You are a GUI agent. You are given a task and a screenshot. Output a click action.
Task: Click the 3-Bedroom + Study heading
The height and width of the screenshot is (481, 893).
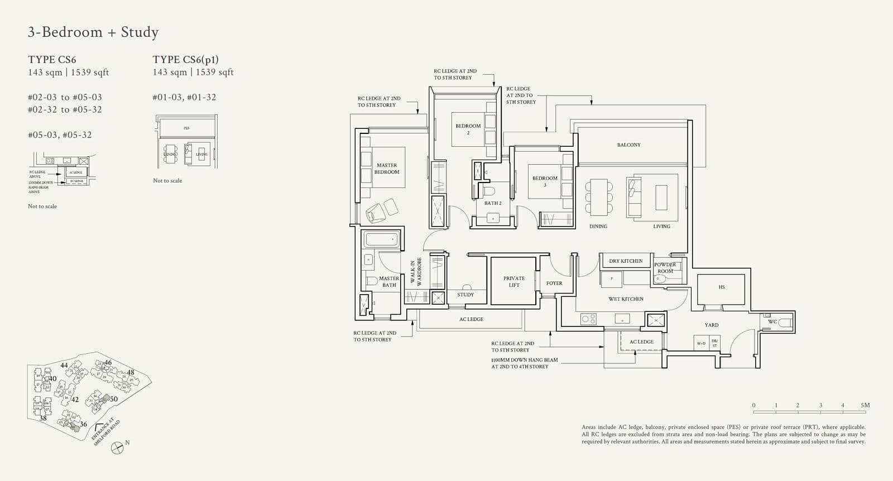(93, 32)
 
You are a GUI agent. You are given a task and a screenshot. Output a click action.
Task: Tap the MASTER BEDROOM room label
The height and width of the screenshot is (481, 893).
(387, 169)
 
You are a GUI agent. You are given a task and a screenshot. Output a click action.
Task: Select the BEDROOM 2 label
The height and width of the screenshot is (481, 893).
(468, 129)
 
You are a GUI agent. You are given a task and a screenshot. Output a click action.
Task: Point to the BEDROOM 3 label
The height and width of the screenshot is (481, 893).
(545, 181)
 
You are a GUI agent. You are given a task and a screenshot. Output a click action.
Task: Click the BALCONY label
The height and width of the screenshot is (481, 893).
(628, 145)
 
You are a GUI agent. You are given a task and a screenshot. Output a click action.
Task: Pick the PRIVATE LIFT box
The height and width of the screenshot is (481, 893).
(513, 281)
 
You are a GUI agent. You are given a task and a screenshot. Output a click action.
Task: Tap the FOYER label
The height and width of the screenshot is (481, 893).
(554, 283)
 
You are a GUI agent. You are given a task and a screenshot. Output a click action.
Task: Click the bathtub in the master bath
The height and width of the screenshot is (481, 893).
(381, 240)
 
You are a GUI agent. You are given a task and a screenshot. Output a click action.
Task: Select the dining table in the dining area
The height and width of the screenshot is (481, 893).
(598, 196)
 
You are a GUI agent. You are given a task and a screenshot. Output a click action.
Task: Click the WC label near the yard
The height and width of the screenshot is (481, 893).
(772, 322)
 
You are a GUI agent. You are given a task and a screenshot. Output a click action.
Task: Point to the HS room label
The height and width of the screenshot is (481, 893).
(722, 287)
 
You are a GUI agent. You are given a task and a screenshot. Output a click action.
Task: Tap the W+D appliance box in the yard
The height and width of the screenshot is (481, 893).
(701, 343)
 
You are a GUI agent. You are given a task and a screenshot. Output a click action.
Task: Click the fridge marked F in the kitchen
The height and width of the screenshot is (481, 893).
(612, 278)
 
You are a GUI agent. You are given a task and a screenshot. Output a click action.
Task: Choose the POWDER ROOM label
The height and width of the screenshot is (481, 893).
(665, 268)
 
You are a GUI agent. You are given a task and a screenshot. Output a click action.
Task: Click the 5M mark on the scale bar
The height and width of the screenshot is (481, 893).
(865, 406)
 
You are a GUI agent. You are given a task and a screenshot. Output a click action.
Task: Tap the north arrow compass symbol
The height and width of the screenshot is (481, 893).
(117, 448)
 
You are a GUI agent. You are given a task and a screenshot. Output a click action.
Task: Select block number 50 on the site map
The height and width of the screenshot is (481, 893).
(114, 399)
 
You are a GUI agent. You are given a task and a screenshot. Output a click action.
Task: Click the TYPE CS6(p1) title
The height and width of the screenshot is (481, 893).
(185, 60)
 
